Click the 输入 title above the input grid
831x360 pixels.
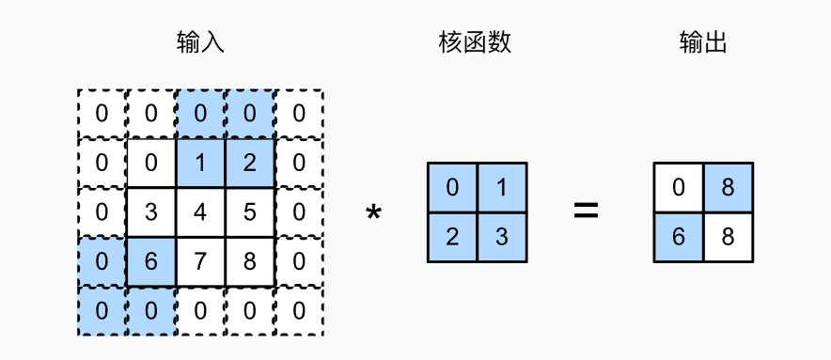pos(200,42)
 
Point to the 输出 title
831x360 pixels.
pos(703,42)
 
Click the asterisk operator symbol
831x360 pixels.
pos(373,214)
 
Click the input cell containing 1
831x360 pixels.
pos(200,162)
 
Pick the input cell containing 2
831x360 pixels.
pos(249,162)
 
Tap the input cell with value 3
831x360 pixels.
pos(151,211)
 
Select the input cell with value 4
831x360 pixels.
pos(200,211)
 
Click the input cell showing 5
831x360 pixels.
pos(249,211)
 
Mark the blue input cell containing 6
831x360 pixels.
pos(151,261)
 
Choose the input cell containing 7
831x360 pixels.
pos(200,261)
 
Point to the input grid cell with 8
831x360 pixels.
pos(249,261)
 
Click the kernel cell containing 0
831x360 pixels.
pos(452,187)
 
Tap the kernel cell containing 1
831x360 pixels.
pos(502,187)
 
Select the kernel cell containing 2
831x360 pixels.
pos(452,237)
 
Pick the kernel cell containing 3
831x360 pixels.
pos(502,237)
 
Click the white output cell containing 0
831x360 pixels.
pos(679,187)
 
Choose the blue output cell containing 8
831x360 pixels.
pos(729,187)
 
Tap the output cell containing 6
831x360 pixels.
pos(679,237)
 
